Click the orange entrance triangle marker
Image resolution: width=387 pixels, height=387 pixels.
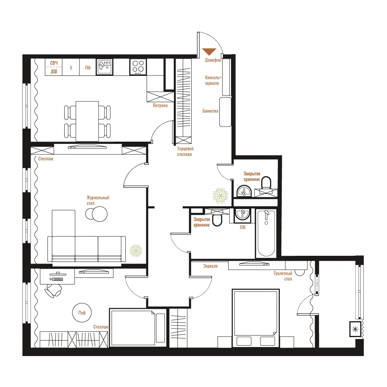pos(209,51)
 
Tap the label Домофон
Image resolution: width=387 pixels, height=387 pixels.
pos(213,60)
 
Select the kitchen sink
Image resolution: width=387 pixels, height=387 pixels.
pos(104,67)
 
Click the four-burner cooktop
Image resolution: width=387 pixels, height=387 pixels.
pos(138,67)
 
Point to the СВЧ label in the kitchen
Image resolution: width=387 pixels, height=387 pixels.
pos(54,63)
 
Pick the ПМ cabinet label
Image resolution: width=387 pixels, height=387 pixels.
pos(87,68)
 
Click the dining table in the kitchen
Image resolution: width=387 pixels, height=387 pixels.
pos(87,121)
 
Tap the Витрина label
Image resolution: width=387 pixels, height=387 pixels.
pos(160,106)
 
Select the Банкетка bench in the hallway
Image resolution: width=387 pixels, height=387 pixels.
pos(225,112)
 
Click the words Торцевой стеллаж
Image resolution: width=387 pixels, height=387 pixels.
pos(185,152)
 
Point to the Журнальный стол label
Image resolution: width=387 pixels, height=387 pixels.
pos(98,200)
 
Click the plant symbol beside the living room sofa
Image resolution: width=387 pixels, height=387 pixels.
pos(136,251)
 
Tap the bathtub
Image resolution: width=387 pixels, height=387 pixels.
pos(266,233)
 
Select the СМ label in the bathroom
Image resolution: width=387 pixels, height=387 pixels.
pos(243,227)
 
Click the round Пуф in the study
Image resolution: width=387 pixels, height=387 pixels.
pos(82,312)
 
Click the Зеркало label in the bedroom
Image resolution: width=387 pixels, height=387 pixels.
pos(210,266)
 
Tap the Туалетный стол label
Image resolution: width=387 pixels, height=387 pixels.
pos(283,276)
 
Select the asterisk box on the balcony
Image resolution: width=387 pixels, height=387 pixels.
pos(355,329)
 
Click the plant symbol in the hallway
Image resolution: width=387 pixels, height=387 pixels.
pos(220,195)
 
